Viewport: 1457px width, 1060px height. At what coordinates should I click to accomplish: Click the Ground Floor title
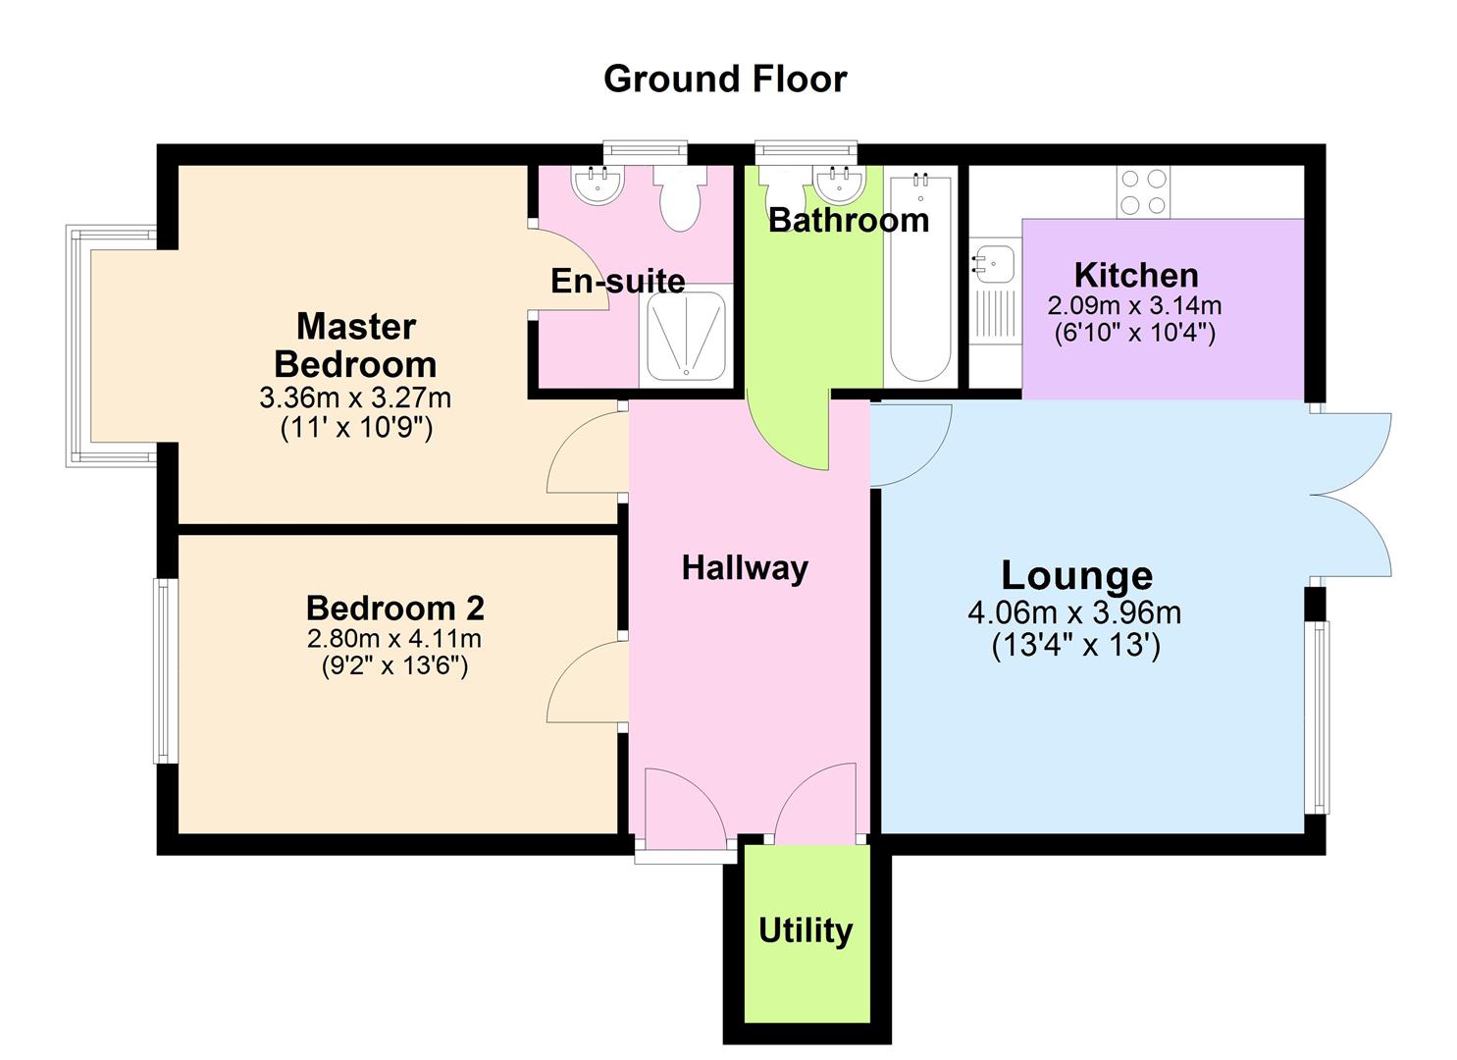click(x=725, y=79)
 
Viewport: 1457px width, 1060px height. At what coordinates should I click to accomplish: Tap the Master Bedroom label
click(x=356, y=344)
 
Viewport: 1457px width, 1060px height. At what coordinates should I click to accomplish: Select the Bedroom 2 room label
click(x=395, y=609)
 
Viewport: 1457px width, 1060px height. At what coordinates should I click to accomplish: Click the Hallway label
click(x=745, y=567)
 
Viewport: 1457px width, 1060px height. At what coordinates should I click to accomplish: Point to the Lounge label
click(x=1076, y=575)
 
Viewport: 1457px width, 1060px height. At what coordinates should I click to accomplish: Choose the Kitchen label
click(x=1136, y=275)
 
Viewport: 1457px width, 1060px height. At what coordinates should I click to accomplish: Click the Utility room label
click(x=806, y=929)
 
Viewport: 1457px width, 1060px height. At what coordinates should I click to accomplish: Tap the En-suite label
click(x=618, y=281)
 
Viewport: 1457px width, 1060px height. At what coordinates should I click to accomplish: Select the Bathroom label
click(x=849, y=220)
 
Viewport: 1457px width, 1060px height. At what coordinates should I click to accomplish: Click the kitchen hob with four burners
click(x=1143, y=192)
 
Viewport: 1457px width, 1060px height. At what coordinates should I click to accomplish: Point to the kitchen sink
click(x=994, y=262)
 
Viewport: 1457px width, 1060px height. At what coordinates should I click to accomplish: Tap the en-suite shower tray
click(x=687, y=335)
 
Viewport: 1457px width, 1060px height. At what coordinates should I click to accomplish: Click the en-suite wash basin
click(x=597, y=185)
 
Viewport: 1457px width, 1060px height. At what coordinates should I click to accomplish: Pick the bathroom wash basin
click(x=839, y=184)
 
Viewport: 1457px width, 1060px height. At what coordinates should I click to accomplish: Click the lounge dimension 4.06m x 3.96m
click(x=1074, y=613)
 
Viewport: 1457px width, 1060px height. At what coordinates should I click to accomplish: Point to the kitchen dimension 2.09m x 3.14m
click(x=1135, y=306)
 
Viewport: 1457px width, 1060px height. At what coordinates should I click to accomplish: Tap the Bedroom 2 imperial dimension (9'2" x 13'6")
click(x=395, y=666)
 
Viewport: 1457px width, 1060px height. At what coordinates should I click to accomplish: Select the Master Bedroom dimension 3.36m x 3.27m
click(x=355, y=397)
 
